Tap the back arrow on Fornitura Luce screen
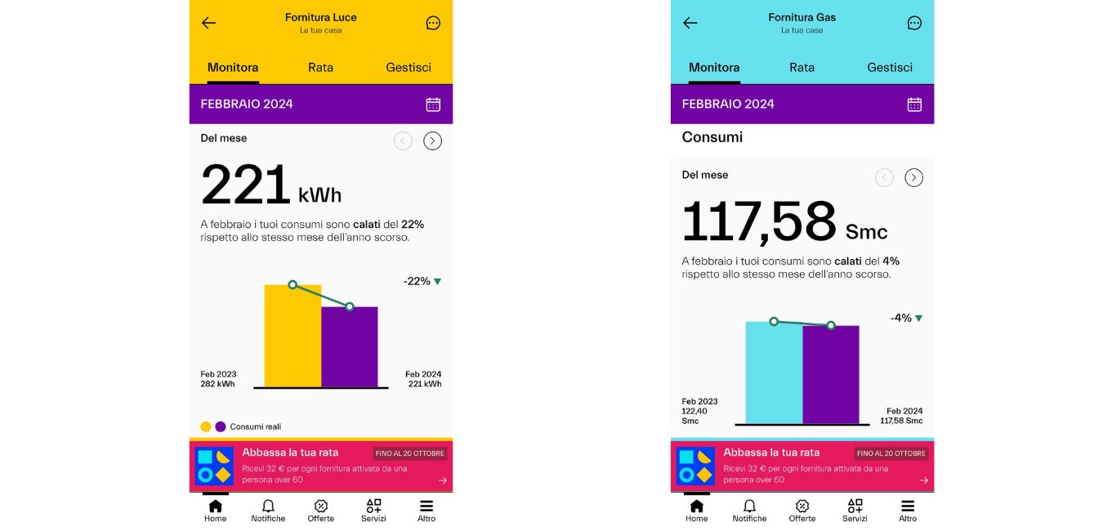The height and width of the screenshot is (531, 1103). (x=209, y=23)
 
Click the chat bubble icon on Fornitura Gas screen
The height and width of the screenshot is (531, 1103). (x=914, y=23)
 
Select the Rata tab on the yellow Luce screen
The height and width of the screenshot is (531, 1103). (x=320, y=68)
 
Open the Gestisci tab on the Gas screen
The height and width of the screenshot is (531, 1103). (x=890, y=68)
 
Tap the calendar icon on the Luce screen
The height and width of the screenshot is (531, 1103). (x=433, y=105)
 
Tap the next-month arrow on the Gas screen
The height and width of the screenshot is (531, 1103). (x=914, y=177)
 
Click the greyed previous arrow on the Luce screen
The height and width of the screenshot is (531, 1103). (x=403, y=141)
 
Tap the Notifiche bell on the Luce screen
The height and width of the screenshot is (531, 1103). (x=268, y=511)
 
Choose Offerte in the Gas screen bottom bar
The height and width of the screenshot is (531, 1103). (x=802, y=511)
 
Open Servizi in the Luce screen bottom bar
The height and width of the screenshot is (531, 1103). (x=373, y=511)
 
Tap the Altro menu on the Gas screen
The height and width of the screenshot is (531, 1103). (x=908, y=511)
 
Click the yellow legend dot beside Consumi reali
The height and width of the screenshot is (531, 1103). (x=206, y=426)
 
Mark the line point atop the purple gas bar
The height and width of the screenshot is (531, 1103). (x=831, y=325)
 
